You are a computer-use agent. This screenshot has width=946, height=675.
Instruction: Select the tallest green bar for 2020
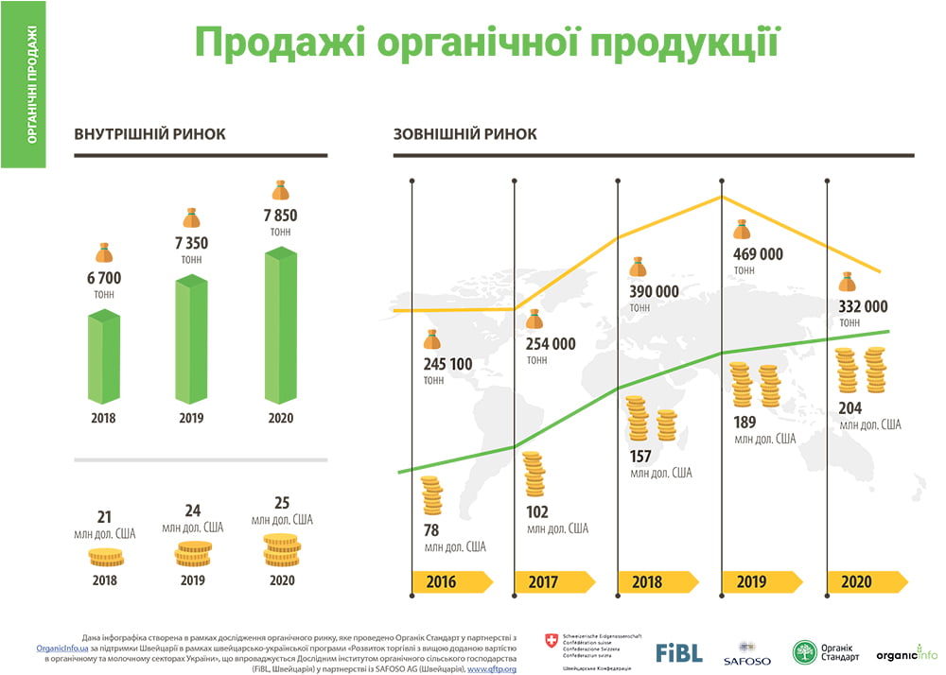[280, 326]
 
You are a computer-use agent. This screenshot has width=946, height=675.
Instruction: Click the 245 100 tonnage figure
[448, 364]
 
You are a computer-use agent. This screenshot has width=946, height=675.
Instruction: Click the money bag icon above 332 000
[847, 282]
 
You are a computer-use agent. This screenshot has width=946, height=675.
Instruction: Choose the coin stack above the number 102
[534, 475]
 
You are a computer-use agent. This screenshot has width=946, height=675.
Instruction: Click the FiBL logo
[679, 652]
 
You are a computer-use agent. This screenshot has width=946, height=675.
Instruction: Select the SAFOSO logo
[746, 653]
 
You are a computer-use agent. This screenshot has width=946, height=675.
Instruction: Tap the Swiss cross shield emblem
[552, 641]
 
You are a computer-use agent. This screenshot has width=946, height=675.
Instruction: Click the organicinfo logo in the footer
[905, 653]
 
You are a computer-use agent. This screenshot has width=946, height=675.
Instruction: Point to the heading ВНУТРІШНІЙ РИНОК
[149, 134]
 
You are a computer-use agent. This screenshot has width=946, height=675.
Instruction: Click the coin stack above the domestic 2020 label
[281, 550]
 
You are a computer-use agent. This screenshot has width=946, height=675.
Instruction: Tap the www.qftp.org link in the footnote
[491, 668]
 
